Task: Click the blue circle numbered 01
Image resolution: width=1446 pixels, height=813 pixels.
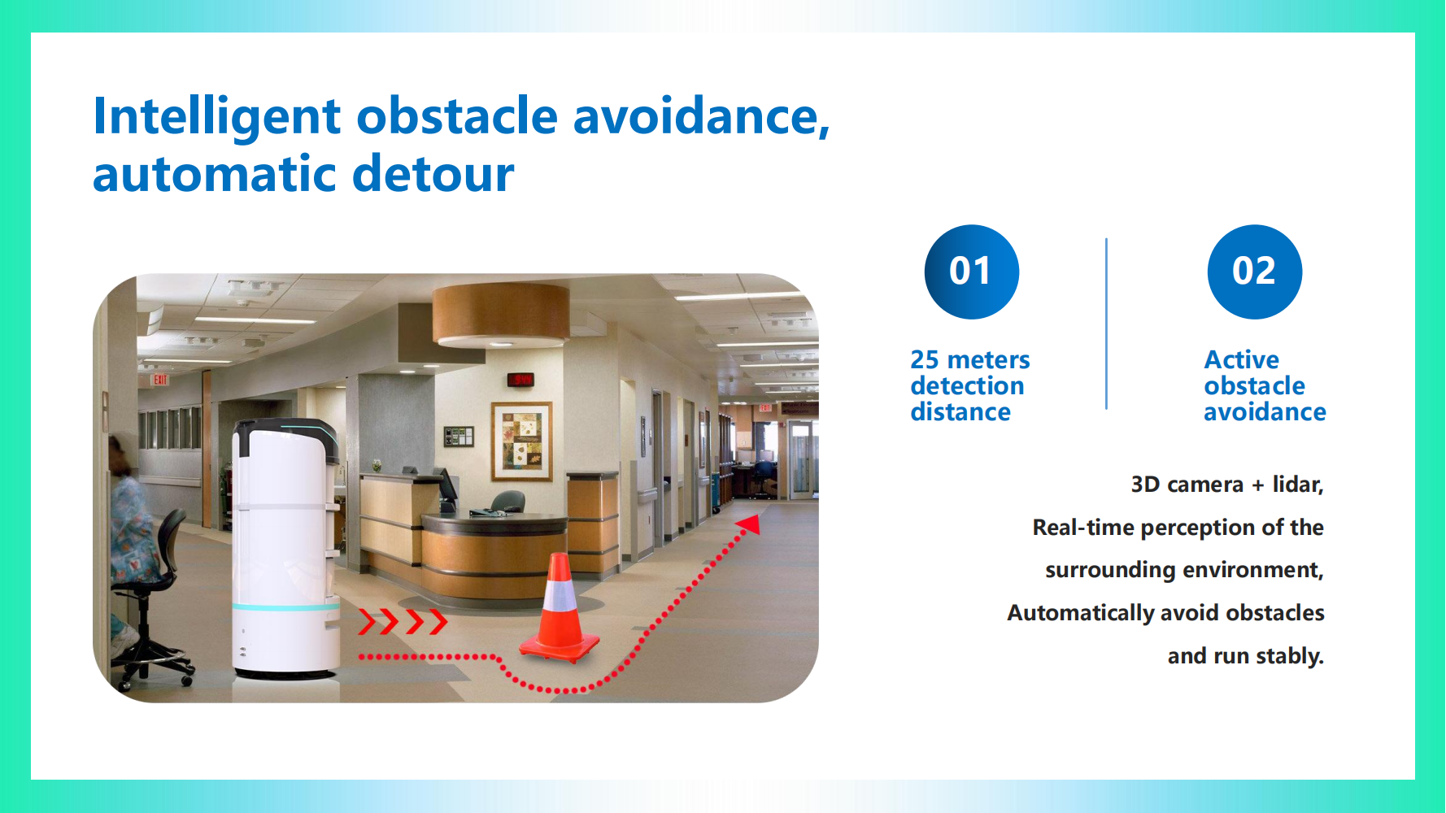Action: pyautogui.click(x=971, y=272)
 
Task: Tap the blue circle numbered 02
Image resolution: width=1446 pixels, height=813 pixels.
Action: pyautogui.click(x=1254, y=272)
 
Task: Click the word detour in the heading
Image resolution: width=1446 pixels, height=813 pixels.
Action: pyautogui.click(x=433, y=174)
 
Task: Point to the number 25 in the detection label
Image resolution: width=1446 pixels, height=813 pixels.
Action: pyautogui.click(x=924, y=359)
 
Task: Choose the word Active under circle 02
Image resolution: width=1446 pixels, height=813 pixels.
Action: pyautogui.click(x=1241, y=359)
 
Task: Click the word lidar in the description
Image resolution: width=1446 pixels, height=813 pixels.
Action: pyautogui.click(x=1298, y=485)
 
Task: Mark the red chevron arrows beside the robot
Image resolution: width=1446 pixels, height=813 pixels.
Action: pyautogui.click(x=403, y=622)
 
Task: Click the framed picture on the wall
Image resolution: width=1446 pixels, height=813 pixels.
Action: pyautogui.click(x=522, y=441)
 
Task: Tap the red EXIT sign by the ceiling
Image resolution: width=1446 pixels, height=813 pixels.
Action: pyautogui.click(x=160, y=380)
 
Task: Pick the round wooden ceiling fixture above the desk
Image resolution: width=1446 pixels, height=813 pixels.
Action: pyautogui.click(x=500, y=315)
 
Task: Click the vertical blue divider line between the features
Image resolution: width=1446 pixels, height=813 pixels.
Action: pyautogui.click(x=1106, y=324)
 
